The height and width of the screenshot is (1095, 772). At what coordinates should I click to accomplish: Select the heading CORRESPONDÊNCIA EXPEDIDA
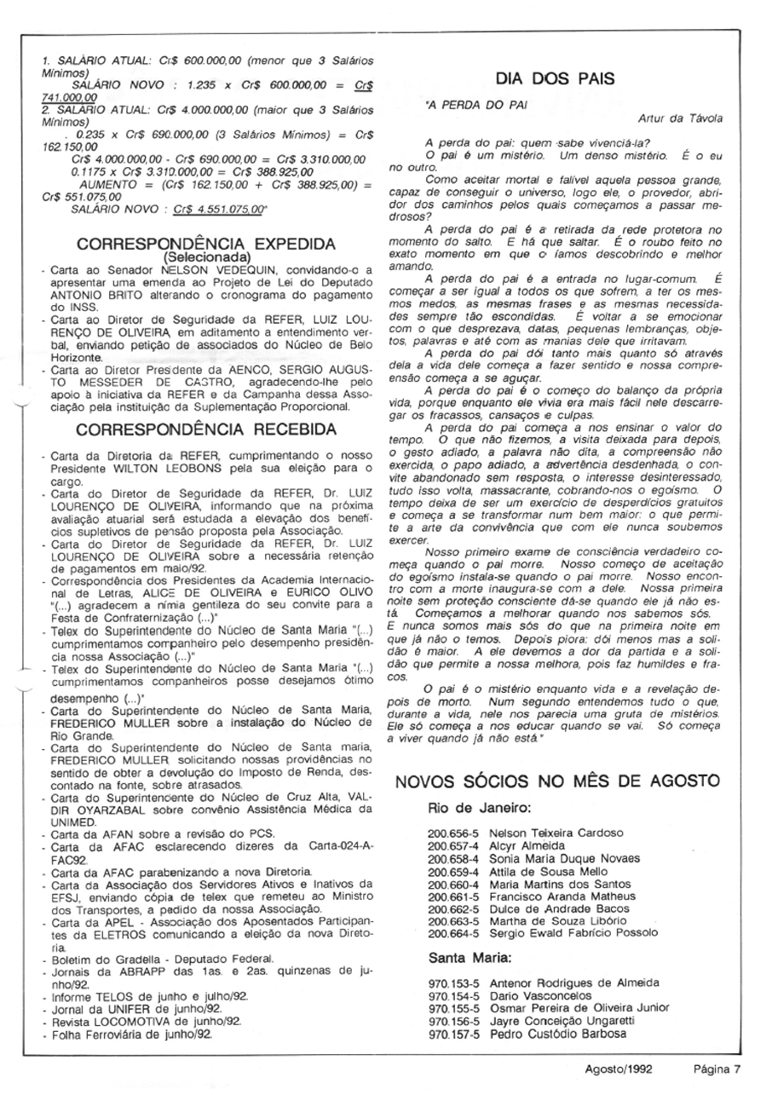coord(206,244)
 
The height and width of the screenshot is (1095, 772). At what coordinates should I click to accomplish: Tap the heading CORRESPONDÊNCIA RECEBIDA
coord(206,429)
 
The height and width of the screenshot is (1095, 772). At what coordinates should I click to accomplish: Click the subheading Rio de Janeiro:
coord(480,807)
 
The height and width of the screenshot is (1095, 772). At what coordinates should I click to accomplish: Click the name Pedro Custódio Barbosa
coord(557,1034)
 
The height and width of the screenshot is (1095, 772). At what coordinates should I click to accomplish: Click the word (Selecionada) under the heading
coord(206,256)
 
